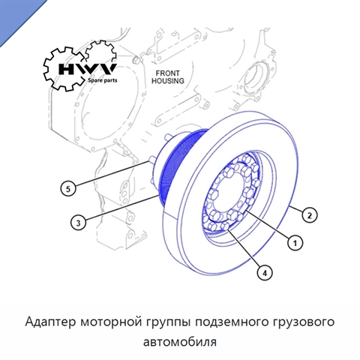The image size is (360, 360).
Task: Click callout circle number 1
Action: tap(295, 243)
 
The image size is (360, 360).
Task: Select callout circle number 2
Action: tap(310, 215)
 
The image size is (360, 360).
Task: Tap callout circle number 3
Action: tap(78, 222)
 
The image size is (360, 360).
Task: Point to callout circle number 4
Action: tap(265, 272)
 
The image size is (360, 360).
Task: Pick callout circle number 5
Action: tap(68, 188)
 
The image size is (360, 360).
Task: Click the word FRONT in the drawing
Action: tap(168, 73)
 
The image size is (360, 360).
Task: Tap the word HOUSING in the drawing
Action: tap(168, 81)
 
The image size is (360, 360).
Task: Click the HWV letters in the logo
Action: tap(87, 69)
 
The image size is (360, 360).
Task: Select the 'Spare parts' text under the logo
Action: tap(102, 80)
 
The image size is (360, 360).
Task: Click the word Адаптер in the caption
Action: tap(50, 322)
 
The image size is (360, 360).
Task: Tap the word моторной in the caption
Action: tap(111, 322)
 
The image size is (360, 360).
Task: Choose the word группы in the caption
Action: tap(169, 323)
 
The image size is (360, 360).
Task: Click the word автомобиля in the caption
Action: tap(180, 342)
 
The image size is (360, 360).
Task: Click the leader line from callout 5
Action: tap(112, 174)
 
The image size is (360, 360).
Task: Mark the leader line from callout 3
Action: tap(122, 207)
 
